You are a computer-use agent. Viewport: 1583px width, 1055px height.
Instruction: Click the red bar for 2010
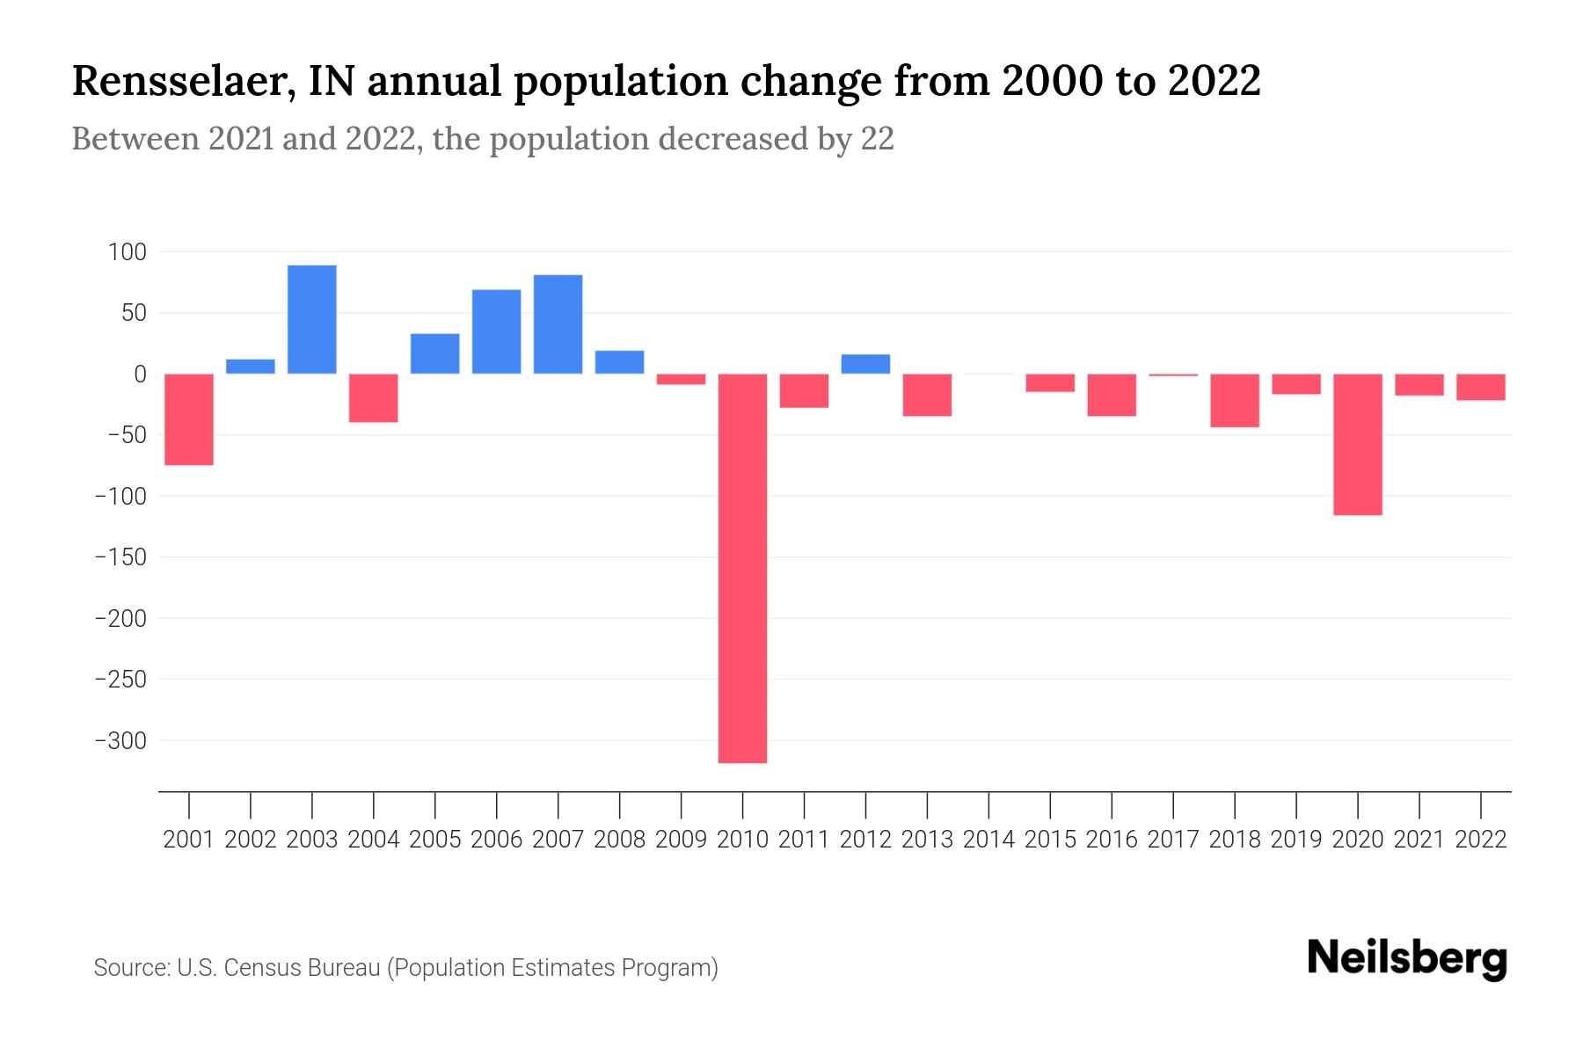tap(742, 568)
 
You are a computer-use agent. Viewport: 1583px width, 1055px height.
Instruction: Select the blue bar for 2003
tap(312, 319)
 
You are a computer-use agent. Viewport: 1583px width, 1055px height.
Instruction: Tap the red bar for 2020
tap(1358, 444)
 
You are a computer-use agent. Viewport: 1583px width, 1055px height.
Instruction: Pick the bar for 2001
tap(189, 419)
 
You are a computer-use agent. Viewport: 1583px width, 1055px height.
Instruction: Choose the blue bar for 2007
tap(558, 324)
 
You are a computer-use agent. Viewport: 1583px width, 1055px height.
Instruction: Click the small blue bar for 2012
tap(865, 364)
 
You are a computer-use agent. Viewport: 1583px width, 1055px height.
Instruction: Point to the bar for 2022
tap(1481, 387)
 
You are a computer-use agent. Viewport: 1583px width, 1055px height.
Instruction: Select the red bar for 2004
tap(374, 397)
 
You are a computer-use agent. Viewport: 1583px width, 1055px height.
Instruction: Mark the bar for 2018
tap(1235, 400)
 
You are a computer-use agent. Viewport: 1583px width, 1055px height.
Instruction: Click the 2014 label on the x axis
tap(988, 840)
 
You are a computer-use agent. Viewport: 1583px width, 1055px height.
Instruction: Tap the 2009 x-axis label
tap(681, 840)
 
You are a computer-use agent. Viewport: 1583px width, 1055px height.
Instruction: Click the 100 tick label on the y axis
tap(127, 253)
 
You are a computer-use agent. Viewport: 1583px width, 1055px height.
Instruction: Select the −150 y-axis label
tap(120, 557)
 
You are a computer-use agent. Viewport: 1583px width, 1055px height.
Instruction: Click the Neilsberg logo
tap(1407, 958)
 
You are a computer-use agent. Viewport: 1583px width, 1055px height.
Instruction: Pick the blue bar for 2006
tap(497, 331)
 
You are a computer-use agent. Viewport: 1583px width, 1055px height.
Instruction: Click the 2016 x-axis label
tap(1112, 840)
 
